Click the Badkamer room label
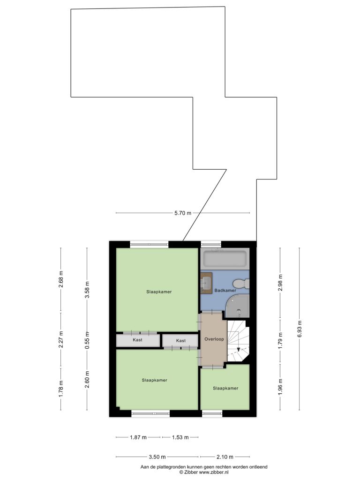(225, 291)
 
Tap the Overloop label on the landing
(214, 339)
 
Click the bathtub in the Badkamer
(225, 259)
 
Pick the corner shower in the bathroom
(238, 306)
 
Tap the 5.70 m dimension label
(183, 213)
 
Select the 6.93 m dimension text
(300, 329)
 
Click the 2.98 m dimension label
(280, 283)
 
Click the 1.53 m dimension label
(180, 437)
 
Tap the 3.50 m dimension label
(157, 457)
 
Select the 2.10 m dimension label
(225, 457)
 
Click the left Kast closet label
(137, 340)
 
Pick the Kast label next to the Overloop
(181, 340)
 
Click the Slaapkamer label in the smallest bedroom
(225, 388)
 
